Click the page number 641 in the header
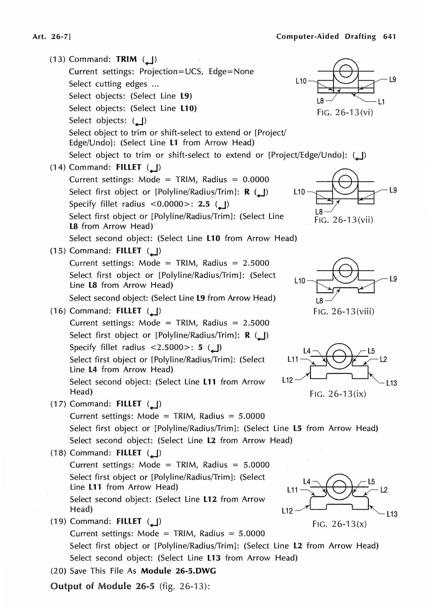[389, 36]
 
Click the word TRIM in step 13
[126, 59]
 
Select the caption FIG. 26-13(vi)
[345, 112]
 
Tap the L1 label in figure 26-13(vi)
[381, 102]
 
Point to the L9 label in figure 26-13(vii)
[393, 190]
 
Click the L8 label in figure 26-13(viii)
[319, 301]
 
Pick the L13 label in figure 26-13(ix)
[391, 383]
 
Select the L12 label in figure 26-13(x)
[287, 511]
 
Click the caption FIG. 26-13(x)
[340, 524]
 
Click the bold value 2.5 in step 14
[204, 204]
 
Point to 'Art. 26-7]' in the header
[52, 36]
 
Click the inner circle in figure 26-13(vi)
[346, 71]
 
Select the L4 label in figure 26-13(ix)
[307, 351]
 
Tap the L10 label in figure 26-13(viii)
[300, 281]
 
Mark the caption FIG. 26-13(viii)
[344, 311]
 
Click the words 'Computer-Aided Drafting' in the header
[326, 36]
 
